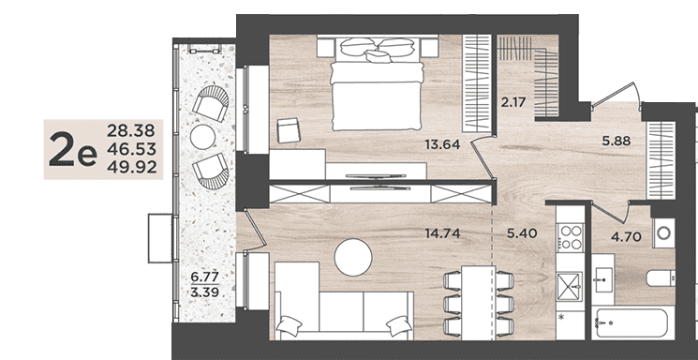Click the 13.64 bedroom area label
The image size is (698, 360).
pyautogui.click(x=442, y=144)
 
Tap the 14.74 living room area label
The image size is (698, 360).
pyautogui.click(x=442, y=233)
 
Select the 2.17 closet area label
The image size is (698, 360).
pyautogui.click(x=513, y=102)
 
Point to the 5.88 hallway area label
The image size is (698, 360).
pyautogui.click(x=616, y=141)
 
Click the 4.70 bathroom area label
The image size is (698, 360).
pyautogui.click(x=626, y=236)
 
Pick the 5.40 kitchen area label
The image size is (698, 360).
pyautogui.click(x=522, y=232)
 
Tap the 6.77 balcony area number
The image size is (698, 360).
pyautogui.click(x=205, y=277)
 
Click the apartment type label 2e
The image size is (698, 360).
pyautogui.click(x=72, y=150)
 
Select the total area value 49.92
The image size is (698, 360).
pyautogui.click(x=132, y=167)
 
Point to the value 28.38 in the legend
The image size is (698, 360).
pyautogui.click(x=131, y=131)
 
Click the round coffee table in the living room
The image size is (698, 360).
pyautogui.click(x=353, y=257)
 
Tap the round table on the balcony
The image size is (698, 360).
pyautogui.click(x=203, y=137)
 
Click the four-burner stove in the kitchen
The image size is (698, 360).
pyautogui.click(x=571, y=237)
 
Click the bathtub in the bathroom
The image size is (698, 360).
pyautogui.click(x=632, y=322)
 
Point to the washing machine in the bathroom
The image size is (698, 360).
pyautogui.click(x=663, y=232)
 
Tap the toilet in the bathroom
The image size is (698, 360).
pyautogui.click(x=661, y=278)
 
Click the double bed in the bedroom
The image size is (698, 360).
pyautogui.click(x=378, y=83)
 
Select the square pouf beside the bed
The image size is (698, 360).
pyautogui.click(x=289, y=130)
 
